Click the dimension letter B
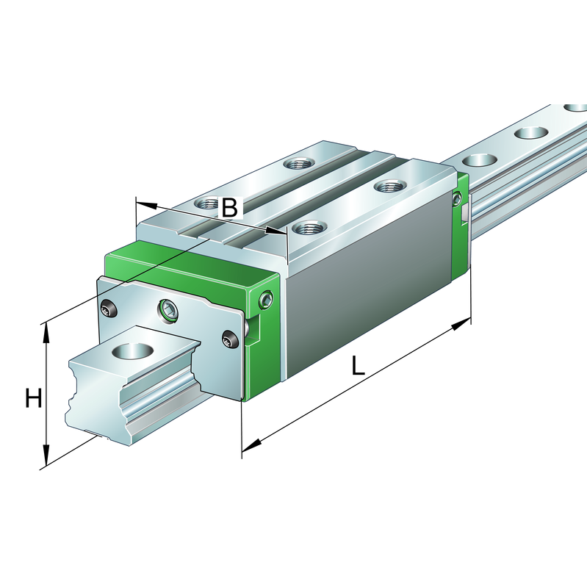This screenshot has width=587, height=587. (x=230, y=208)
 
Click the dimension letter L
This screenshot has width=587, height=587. (x=358, y=365)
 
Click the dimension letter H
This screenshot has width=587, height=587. (x=33, y=399)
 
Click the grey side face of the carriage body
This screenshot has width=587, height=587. (x=367, y=279)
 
